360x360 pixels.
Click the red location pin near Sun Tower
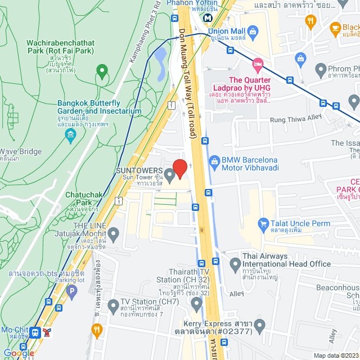179,168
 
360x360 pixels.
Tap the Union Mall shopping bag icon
253,31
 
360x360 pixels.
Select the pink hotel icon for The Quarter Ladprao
258,64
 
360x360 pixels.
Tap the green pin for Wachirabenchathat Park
102,71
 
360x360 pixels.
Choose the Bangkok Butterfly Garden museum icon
70,135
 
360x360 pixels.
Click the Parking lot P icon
71,291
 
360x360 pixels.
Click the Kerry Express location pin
259,325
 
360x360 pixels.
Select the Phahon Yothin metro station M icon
208,17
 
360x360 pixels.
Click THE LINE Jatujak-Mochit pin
114,233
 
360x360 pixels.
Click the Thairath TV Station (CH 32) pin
196,304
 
